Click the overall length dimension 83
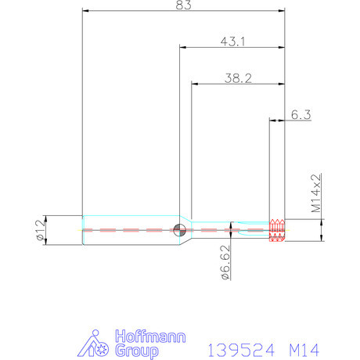(x=184, y=5)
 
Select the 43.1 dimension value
(x=232, y=41)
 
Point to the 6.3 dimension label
(x=301, y=114)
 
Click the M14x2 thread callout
(x=316, y=194)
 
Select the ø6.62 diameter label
(x=225, y=261)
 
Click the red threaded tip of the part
(x=276, y=229)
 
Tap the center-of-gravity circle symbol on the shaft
(x=180, y=229)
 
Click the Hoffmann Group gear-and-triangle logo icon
(x=96, y=345)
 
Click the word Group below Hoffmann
(x=138, y=351)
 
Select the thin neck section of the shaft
(x=227, y=229)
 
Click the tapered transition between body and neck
(x=186, y=230)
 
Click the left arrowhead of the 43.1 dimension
(x=184, y=47)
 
